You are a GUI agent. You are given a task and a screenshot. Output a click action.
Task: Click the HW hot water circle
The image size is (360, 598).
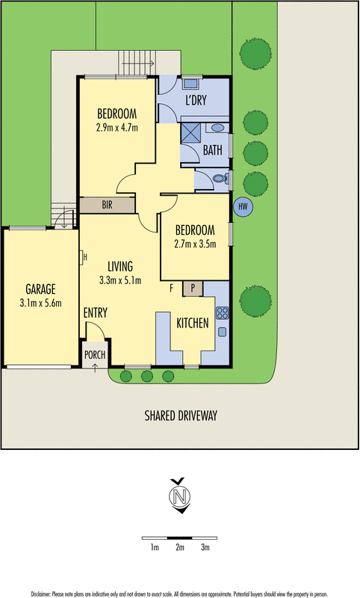(243, 207)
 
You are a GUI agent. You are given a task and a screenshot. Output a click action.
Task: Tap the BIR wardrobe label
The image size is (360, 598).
(107, 205)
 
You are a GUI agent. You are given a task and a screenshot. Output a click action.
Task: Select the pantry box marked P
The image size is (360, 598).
(193, 289)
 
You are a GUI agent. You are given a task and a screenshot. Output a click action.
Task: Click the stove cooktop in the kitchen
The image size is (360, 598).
(222, 313)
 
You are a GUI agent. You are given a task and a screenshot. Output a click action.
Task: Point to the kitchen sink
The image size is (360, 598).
(222, 332)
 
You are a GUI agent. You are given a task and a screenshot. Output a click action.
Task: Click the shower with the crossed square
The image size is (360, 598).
(190, 132)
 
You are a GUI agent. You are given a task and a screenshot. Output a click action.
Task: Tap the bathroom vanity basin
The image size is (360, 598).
(217, 127)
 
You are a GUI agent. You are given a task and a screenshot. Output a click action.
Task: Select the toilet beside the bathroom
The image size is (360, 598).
(220, 178)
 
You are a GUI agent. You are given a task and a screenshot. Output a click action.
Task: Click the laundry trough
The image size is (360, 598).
(192, 83)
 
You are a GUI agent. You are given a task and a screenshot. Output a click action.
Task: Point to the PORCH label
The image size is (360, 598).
(95, 354)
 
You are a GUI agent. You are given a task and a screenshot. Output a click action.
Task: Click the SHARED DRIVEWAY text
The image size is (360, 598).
(181, 416)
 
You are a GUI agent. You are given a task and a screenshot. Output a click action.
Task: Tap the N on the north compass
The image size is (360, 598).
(180, 496)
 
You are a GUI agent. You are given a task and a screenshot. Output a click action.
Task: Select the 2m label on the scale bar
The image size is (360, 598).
(180, 547)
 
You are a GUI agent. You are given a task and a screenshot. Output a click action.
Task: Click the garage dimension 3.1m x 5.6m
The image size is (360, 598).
(41, 303)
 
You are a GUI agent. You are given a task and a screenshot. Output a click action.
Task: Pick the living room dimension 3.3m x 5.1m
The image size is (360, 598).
(120, 280)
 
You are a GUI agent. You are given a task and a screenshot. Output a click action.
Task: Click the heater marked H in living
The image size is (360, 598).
(83, 257)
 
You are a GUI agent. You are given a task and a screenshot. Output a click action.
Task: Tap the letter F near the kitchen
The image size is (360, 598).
(172, 289)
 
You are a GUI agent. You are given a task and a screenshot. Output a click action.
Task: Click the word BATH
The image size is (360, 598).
(213, 150)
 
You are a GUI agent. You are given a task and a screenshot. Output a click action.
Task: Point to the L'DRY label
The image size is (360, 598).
(196, 100)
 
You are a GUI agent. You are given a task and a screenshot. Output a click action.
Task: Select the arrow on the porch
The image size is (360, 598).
(95, 368)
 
